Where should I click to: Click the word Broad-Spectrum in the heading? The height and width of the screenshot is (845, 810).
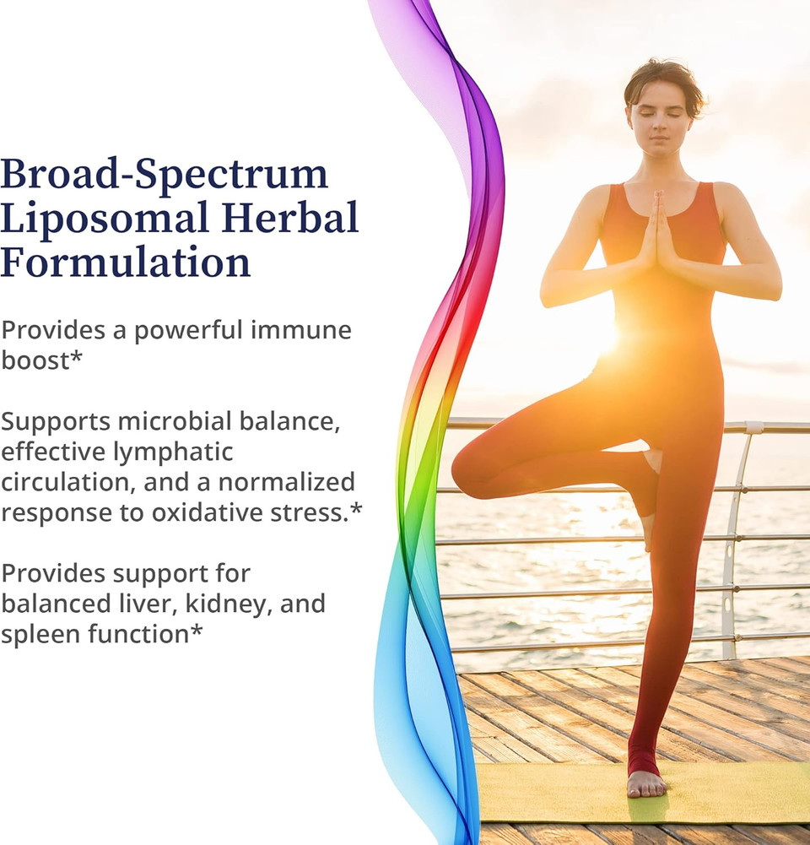[x=164, y=174]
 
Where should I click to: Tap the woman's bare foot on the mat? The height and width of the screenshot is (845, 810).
[x=646, y=784]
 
